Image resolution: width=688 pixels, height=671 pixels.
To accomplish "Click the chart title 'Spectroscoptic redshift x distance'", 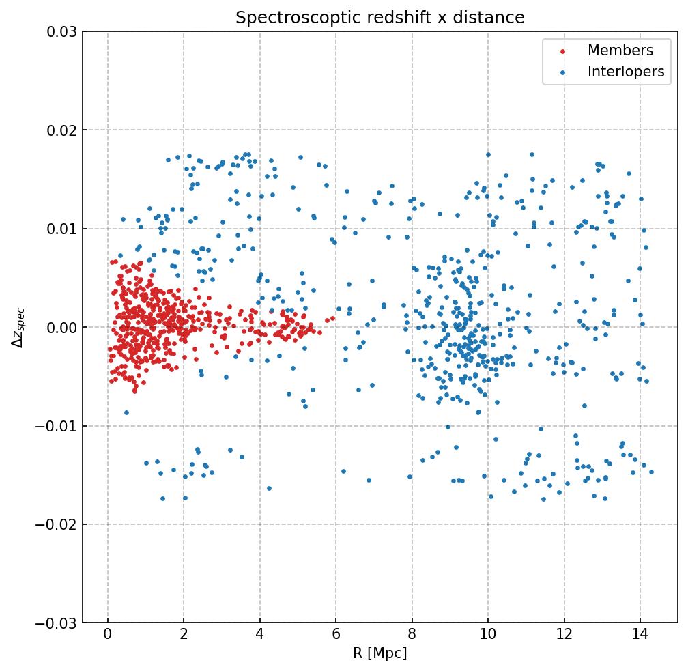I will [x=380, y=18].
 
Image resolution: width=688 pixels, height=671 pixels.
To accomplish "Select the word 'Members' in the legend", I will [x=620, y=51].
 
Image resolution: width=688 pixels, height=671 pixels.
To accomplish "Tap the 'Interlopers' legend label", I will [x=626, y=72].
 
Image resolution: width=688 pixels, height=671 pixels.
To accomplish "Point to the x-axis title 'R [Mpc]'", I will [x=380, y=653].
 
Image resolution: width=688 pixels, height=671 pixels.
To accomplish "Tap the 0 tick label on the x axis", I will [x=108, y=636].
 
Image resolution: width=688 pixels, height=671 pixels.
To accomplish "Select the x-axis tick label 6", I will [x=336, y=636].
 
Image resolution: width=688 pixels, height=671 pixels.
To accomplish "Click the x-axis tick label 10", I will [x=487, y=636].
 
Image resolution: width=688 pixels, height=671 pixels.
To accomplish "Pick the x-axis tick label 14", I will [x=640, y=636].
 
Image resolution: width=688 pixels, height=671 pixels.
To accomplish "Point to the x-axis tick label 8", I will [x=412, y=636].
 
